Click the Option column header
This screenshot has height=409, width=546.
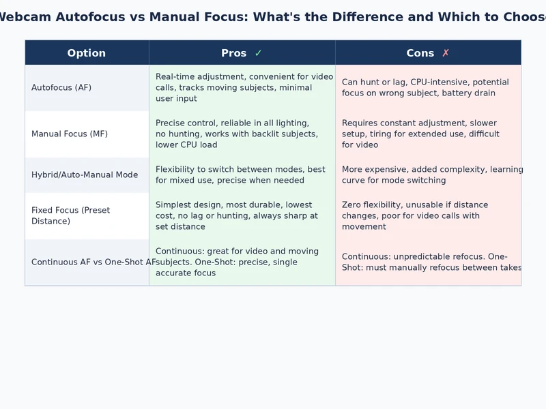[87, 53]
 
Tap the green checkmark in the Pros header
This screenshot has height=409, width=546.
[258, 53]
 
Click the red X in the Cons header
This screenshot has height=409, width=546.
[446, 53]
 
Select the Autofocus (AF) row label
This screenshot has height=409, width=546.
[61, 88]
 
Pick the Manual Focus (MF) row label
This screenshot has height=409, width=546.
[70, 134]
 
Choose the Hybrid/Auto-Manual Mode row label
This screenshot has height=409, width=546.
[85, 175]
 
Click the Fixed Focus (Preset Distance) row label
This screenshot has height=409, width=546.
[70, 215]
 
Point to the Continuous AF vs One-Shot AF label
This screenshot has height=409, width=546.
[89, 262]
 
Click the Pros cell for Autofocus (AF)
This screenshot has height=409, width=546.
[242, 88]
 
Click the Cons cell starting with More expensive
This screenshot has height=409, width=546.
[429, 175]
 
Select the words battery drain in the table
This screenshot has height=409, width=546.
[468, 93]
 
